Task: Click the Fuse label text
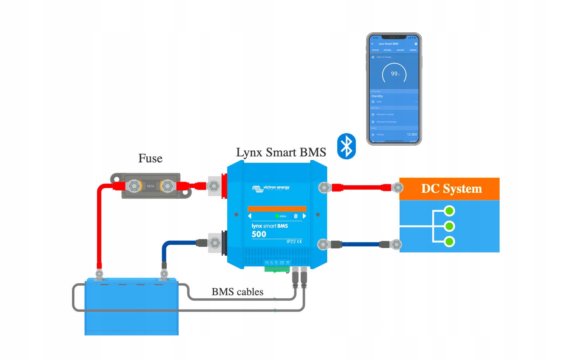(150, 158)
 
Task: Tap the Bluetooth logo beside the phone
(346, 146)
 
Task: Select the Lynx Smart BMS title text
(281, 152)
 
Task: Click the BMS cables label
(237, 292)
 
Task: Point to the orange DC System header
(449, 189)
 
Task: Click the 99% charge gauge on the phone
(394, 74)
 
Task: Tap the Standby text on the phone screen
(377, 96)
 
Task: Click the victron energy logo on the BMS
(271, 188)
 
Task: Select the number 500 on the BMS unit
(259, 234)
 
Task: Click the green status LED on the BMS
(277, 216)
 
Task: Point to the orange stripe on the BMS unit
(277, 209)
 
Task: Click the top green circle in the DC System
(450, 211)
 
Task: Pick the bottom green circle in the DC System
(450, 242)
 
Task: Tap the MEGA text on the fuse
(150, 186)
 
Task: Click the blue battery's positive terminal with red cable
(99, 274)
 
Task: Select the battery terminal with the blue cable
(164, 274)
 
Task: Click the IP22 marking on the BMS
(291, 242)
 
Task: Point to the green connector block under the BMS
(276, 269)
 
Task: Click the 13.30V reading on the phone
(412, 134)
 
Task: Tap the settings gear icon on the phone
(416, 44)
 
